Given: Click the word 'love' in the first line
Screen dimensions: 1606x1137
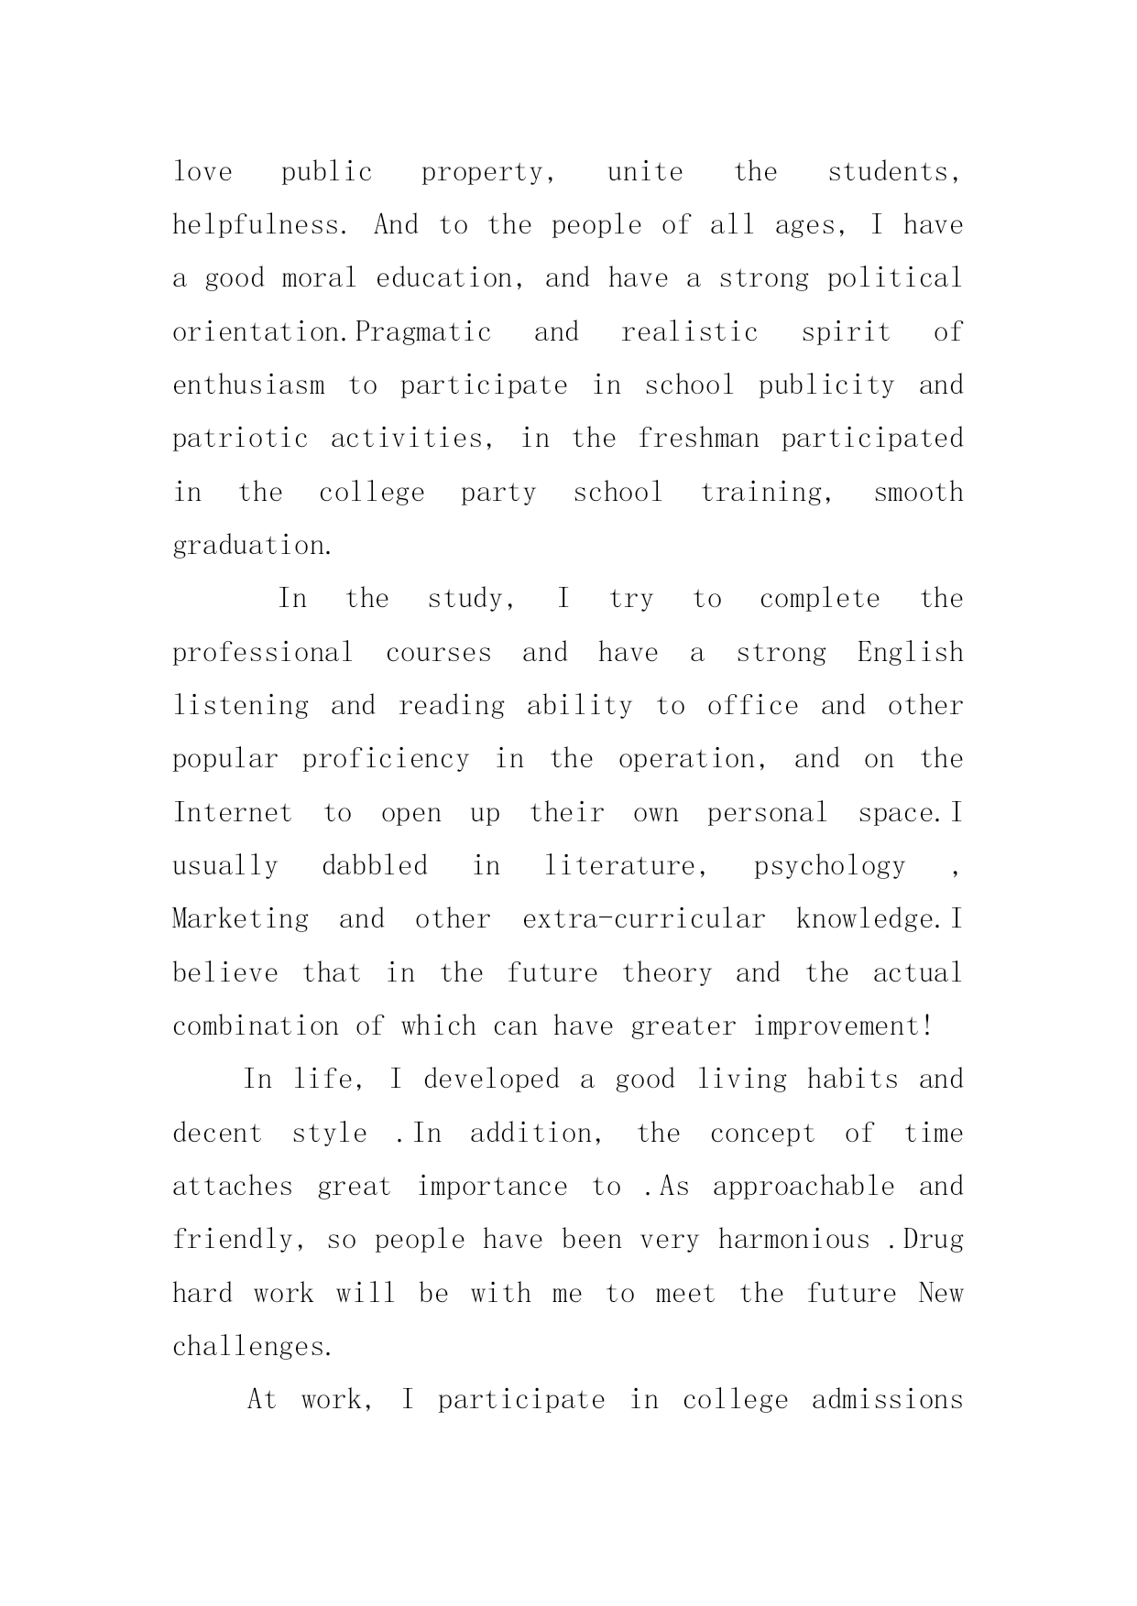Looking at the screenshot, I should click(x=202, y=172).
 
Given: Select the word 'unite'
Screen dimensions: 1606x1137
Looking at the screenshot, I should click(x=645, y=172).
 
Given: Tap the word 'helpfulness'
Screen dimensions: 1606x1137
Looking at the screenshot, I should click(x=256, y=225).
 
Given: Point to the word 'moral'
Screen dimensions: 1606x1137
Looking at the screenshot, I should click(x=319, y=278).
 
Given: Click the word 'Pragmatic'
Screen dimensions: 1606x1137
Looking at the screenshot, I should click(x=423, y=331).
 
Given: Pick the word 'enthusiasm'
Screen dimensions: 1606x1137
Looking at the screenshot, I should click(x=248, y=385).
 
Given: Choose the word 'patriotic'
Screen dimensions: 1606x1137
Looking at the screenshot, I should click(x=240, y=439).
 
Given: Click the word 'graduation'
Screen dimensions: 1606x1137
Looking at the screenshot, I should click(x=248, y=546).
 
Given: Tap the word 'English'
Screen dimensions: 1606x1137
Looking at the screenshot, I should click(x=911, y=653).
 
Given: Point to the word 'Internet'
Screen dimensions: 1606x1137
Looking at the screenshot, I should click(x=233, y=813).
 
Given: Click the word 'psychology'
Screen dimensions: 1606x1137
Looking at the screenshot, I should click(x=829, y=866).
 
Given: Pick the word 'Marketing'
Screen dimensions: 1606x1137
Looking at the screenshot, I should click(x=241, y=919).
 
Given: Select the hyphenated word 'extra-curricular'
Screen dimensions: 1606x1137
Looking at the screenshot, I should click(x=643, y=919).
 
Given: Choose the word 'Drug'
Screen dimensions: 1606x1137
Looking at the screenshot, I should click(x=933, y=1240).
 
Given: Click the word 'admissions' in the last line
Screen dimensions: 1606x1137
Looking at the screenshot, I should click(x=887, y=1400).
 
